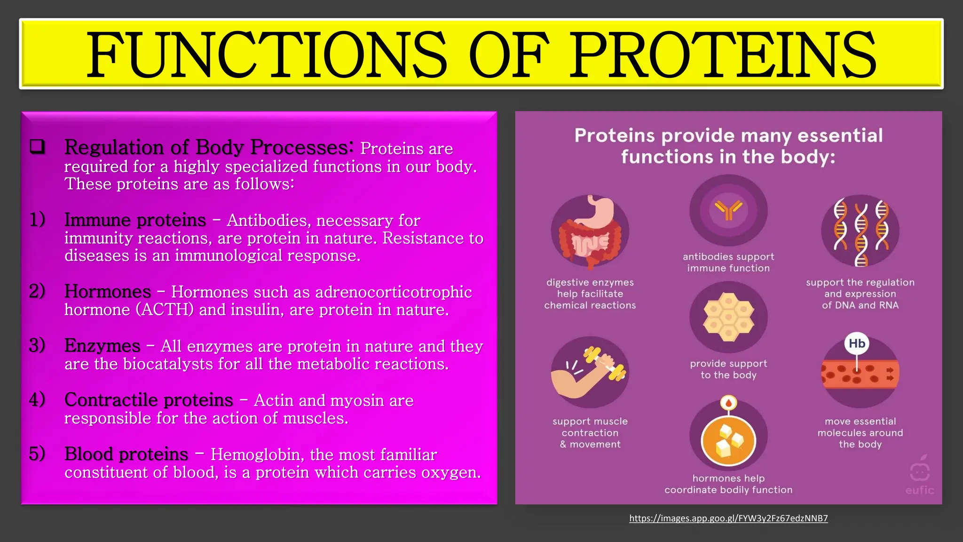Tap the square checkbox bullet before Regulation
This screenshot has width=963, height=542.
[x=38, y=147]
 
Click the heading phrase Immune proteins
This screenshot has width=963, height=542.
[x=135, y=220]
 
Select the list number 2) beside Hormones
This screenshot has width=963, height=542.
[x=37, y=291]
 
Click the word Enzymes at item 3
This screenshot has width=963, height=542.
[x=102, y=346]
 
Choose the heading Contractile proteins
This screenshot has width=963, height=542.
[x=149, y=400]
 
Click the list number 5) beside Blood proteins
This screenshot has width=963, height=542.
[x=37, y=454]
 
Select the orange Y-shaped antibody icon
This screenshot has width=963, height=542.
[x=728, y=210]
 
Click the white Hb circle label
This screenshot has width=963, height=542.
[x=857, y=343]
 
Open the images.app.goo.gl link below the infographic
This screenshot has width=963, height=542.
[x=728, y=518]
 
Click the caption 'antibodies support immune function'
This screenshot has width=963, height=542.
[x=728, y=263]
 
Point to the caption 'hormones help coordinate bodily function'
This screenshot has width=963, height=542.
[x=728, y=484]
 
